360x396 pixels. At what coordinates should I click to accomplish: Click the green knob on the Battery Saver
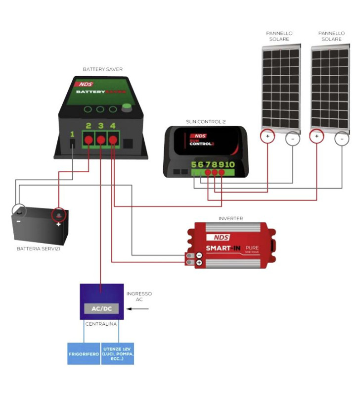[x=128, y=107]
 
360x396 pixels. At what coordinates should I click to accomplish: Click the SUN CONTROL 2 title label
[x=206, y=121]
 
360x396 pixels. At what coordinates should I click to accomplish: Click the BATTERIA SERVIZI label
[x=38, y=248]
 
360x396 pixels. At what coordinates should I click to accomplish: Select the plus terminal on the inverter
[x=199, y=263]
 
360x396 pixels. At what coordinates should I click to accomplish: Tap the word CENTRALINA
[x=101, y=324]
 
